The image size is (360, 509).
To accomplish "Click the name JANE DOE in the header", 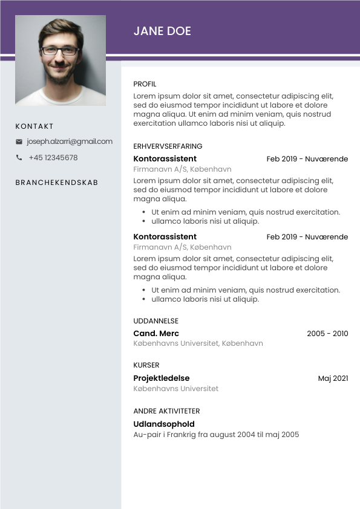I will point(162,31).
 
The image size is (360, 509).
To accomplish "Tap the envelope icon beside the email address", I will point(19,141).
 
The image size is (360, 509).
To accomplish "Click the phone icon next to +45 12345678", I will point(19,158).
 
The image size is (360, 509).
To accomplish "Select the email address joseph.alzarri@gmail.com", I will point(70,141).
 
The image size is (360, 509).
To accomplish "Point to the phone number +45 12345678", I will point(53,158).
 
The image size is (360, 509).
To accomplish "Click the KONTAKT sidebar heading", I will point(34,126).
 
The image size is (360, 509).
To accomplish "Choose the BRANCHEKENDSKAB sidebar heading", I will point(57,183).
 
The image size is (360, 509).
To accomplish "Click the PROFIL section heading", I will point(145,84).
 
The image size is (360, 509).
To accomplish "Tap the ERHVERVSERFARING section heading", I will point(168,146).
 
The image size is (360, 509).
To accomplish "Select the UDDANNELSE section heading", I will point(155,321).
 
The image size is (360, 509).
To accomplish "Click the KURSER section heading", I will point(146,365).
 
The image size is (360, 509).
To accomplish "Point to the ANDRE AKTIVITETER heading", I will point(166,411).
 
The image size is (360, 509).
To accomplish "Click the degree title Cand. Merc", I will point(156,334).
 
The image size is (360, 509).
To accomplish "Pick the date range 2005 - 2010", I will point(327,334).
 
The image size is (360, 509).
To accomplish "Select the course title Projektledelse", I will point(162,378).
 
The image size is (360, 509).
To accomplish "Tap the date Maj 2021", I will point(333,378).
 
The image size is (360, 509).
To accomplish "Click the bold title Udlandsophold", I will point(164,424).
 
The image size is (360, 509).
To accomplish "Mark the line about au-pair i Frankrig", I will point(216,435).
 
